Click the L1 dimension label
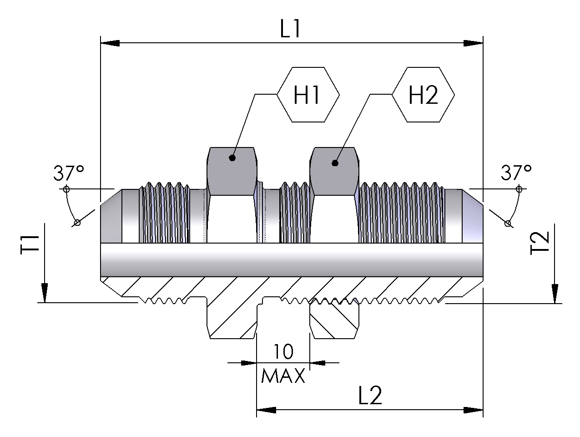click(x=290, y=30)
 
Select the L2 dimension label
click(x=369, y=396)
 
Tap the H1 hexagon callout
click(x=308, y=95)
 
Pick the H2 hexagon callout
click(x=423, y=95)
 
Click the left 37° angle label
click(x=69, y=173)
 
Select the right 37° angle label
click(x=516, y=173)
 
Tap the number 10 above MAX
click(x=283, y=352)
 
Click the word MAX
click(x=283, y=376)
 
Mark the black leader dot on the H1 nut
click(x=232, y=158)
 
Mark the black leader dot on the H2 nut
click(x=335, y=163)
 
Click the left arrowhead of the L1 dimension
click(x=110, y=43)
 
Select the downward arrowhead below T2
click(x=555, y=293)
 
